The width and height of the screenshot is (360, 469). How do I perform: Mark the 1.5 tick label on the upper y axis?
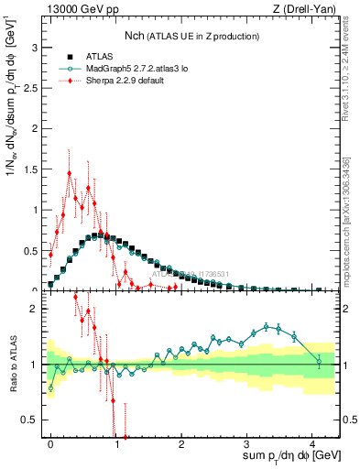(x=30, y=169)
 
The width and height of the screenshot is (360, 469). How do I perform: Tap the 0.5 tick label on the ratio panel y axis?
(x=30, y=420)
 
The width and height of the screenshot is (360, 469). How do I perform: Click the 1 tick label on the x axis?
(x=116, y=442)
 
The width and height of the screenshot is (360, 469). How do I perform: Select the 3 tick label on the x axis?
(x=247, y=442)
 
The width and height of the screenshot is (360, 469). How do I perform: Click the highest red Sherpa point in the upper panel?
(x=69, y=173)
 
